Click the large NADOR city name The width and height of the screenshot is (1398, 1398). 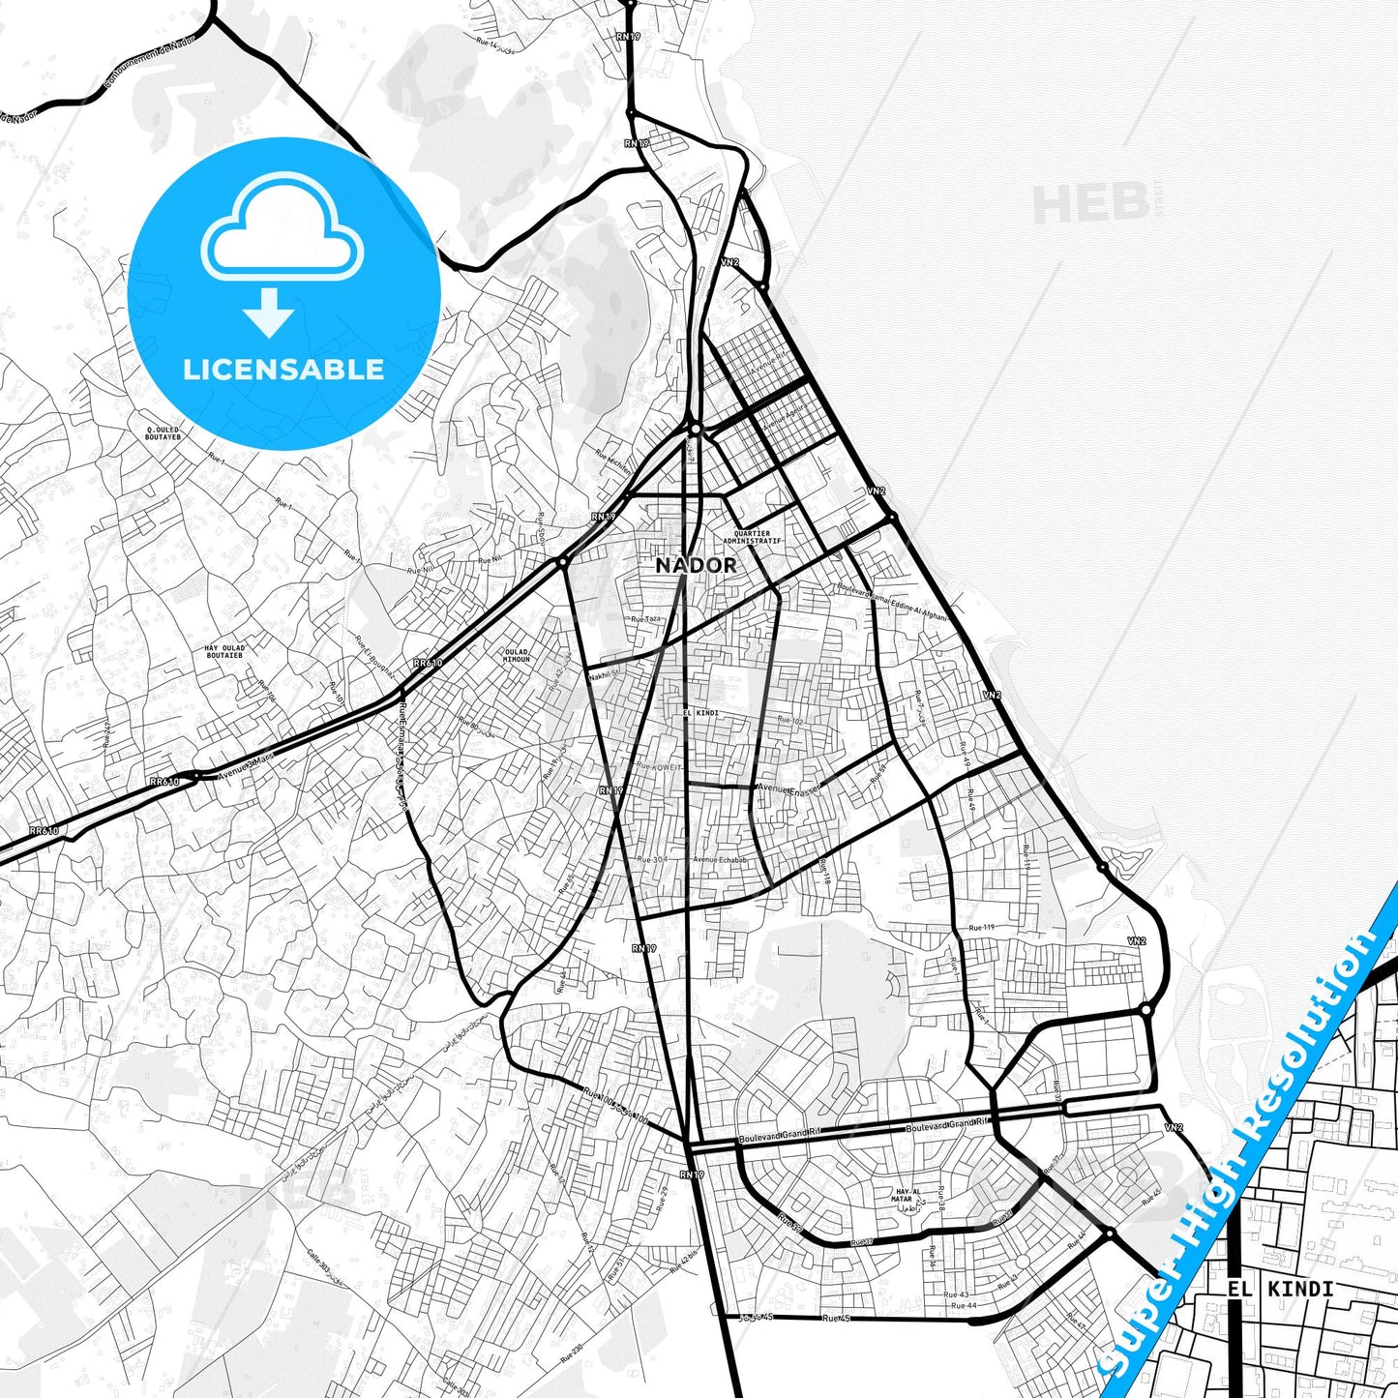(x=696, y=565)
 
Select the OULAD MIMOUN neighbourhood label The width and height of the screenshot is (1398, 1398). (x=517, y=655)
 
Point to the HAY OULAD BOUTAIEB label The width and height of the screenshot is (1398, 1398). (x=224, y=651)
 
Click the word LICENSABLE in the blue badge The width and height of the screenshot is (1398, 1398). (x=283, y=369)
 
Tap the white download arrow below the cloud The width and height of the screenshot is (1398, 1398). (x=269, y=311)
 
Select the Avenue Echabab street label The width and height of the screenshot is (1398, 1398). (x=720, y=860)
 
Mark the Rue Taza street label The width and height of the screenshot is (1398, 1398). (x=644, y=619)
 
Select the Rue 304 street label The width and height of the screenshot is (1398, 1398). (x=651, y=859)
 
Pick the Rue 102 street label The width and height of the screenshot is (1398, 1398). (x=790, y=721)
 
